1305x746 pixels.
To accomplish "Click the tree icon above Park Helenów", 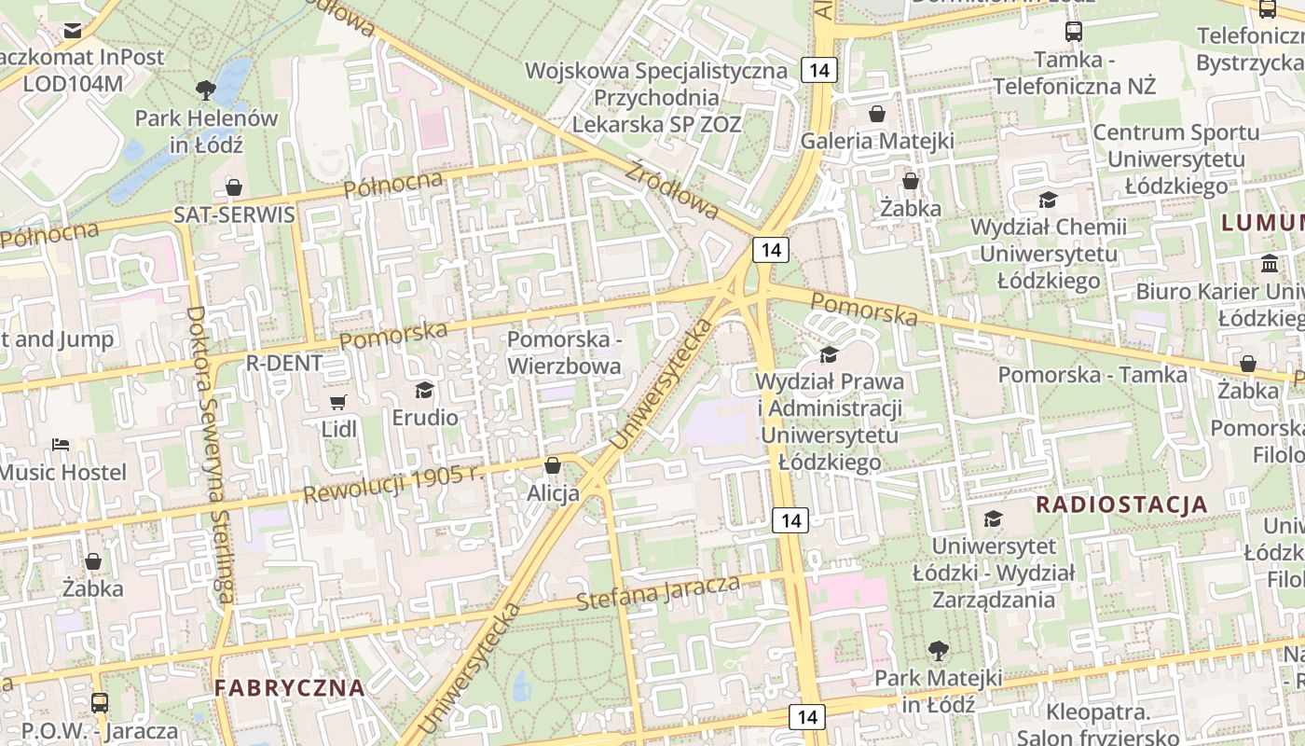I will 206,90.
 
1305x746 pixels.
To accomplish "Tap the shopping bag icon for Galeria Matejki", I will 877,115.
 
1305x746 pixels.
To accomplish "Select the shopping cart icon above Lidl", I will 338,403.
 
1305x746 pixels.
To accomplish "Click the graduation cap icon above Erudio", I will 425,390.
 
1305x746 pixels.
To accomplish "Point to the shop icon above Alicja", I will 553,465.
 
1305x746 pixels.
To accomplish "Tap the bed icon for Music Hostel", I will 61,445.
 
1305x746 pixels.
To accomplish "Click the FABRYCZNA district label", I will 289,688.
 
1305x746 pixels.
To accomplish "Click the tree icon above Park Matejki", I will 938,650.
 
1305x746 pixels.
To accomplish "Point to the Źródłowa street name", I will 671,190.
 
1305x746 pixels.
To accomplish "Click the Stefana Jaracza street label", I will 658,593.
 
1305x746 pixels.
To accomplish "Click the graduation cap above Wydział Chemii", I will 1049,200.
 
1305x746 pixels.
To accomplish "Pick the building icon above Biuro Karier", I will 1270,264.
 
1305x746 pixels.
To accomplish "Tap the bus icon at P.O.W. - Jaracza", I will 100,703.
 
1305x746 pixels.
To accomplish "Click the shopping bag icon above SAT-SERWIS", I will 234,187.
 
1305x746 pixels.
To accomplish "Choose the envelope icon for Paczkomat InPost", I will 73,31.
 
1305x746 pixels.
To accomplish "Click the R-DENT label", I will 283,363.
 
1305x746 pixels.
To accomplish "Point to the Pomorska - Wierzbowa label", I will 564,352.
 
